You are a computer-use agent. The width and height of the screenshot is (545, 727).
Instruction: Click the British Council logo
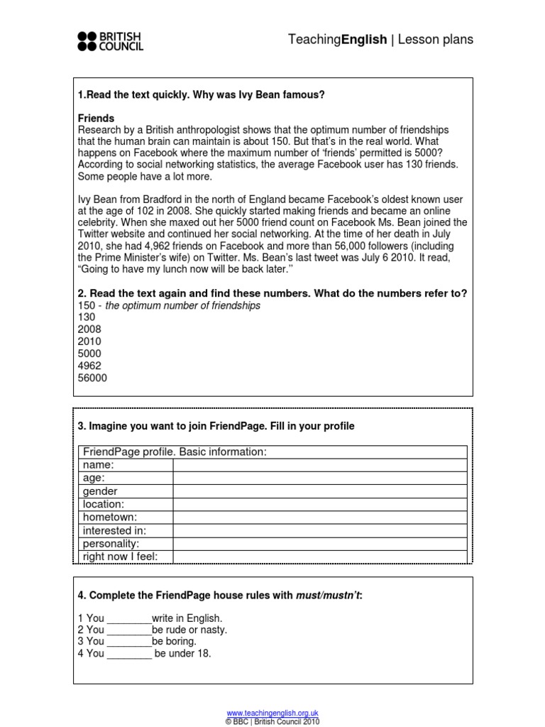tap(110, 41)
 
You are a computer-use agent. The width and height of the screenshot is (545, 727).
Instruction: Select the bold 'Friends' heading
tap(96, 118)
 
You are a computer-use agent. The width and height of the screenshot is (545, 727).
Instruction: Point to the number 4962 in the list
tap(90, 366)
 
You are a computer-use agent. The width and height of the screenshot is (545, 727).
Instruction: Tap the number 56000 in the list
tap(92, 378)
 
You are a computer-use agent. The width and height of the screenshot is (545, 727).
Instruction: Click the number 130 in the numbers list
tap(87, 317)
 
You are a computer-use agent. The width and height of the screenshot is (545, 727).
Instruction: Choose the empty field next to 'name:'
tap(319, 465)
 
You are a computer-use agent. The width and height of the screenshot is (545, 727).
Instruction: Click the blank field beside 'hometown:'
tap(319, 517)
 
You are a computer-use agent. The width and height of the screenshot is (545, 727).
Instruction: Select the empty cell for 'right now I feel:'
tap(319, 556)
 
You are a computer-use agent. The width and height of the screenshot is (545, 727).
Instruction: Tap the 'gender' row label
tap(101, 491)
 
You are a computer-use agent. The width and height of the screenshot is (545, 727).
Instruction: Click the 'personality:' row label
tap(111, 543)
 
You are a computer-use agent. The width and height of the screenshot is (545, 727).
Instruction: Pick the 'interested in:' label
tap(114, 530)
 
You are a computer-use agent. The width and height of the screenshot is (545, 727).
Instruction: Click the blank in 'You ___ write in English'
tap(129, 618)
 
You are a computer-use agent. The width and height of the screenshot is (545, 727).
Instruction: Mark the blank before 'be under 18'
tap(129, 654)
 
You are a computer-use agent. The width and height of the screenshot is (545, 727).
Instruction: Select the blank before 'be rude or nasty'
tap(129, 630)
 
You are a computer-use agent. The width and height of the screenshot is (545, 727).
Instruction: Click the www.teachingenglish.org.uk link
tap(272, 712)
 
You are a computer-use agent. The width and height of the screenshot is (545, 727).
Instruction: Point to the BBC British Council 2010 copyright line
tap(272, 721)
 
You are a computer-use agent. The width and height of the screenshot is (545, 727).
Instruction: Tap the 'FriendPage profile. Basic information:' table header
tap(175, 452)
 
